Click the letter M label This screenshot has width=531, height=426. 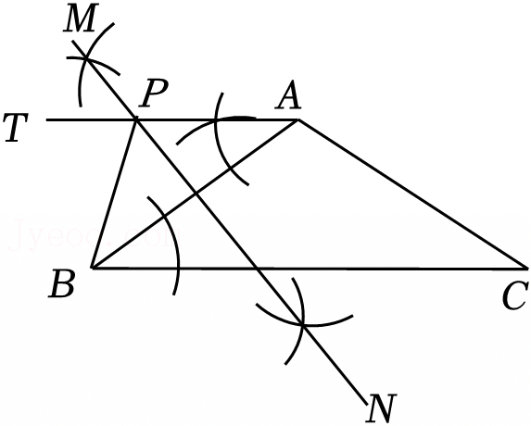point(79,18)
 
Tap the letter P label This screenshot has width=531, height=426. point(155,94)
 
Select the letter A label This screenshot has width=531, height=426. point(288,96)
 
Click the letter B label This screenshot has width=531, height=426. point(62,284)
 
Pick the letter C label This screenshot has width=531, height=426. point(515,296)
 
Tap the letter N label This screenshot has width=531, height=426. point(381,408)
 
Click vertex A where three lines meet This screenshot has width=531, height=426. point(297,119)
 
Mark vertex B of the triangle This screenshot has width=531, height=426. point(92,268)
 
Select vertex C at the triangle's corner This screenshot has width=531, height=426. point(527,269)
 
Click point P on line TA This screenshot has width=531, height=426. point(136,119)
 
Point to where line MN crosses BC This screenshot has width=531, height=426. point(257,269)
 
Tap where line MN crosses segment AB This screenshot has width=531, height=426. point(196,194)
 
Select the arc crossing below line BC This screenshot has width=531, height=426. point(303,324)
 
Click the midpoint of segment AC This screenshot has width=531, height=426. point(412,194)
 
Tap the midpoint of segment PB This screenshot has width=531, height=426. point(114,194)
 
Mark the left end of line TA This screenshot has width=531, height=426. point(46,119)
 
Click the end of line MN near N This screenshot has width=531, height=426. point(367,404)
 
